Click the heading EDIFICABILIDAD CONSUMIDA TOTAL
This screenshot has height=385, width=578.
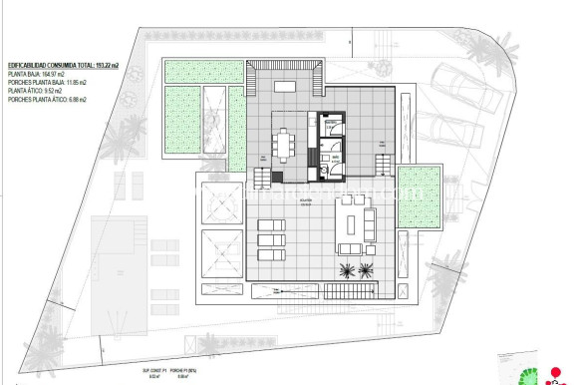62,66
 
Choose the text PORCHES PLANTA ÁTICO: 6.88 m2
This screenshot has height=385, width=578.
48,100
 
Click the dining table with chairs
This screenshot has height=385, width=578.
286,145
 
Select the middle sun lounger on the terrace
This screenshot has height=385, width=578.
271,239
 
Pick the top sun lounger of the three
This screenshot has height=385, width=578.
271,225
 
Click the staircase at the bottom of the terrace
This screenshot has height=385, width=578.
349,290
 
